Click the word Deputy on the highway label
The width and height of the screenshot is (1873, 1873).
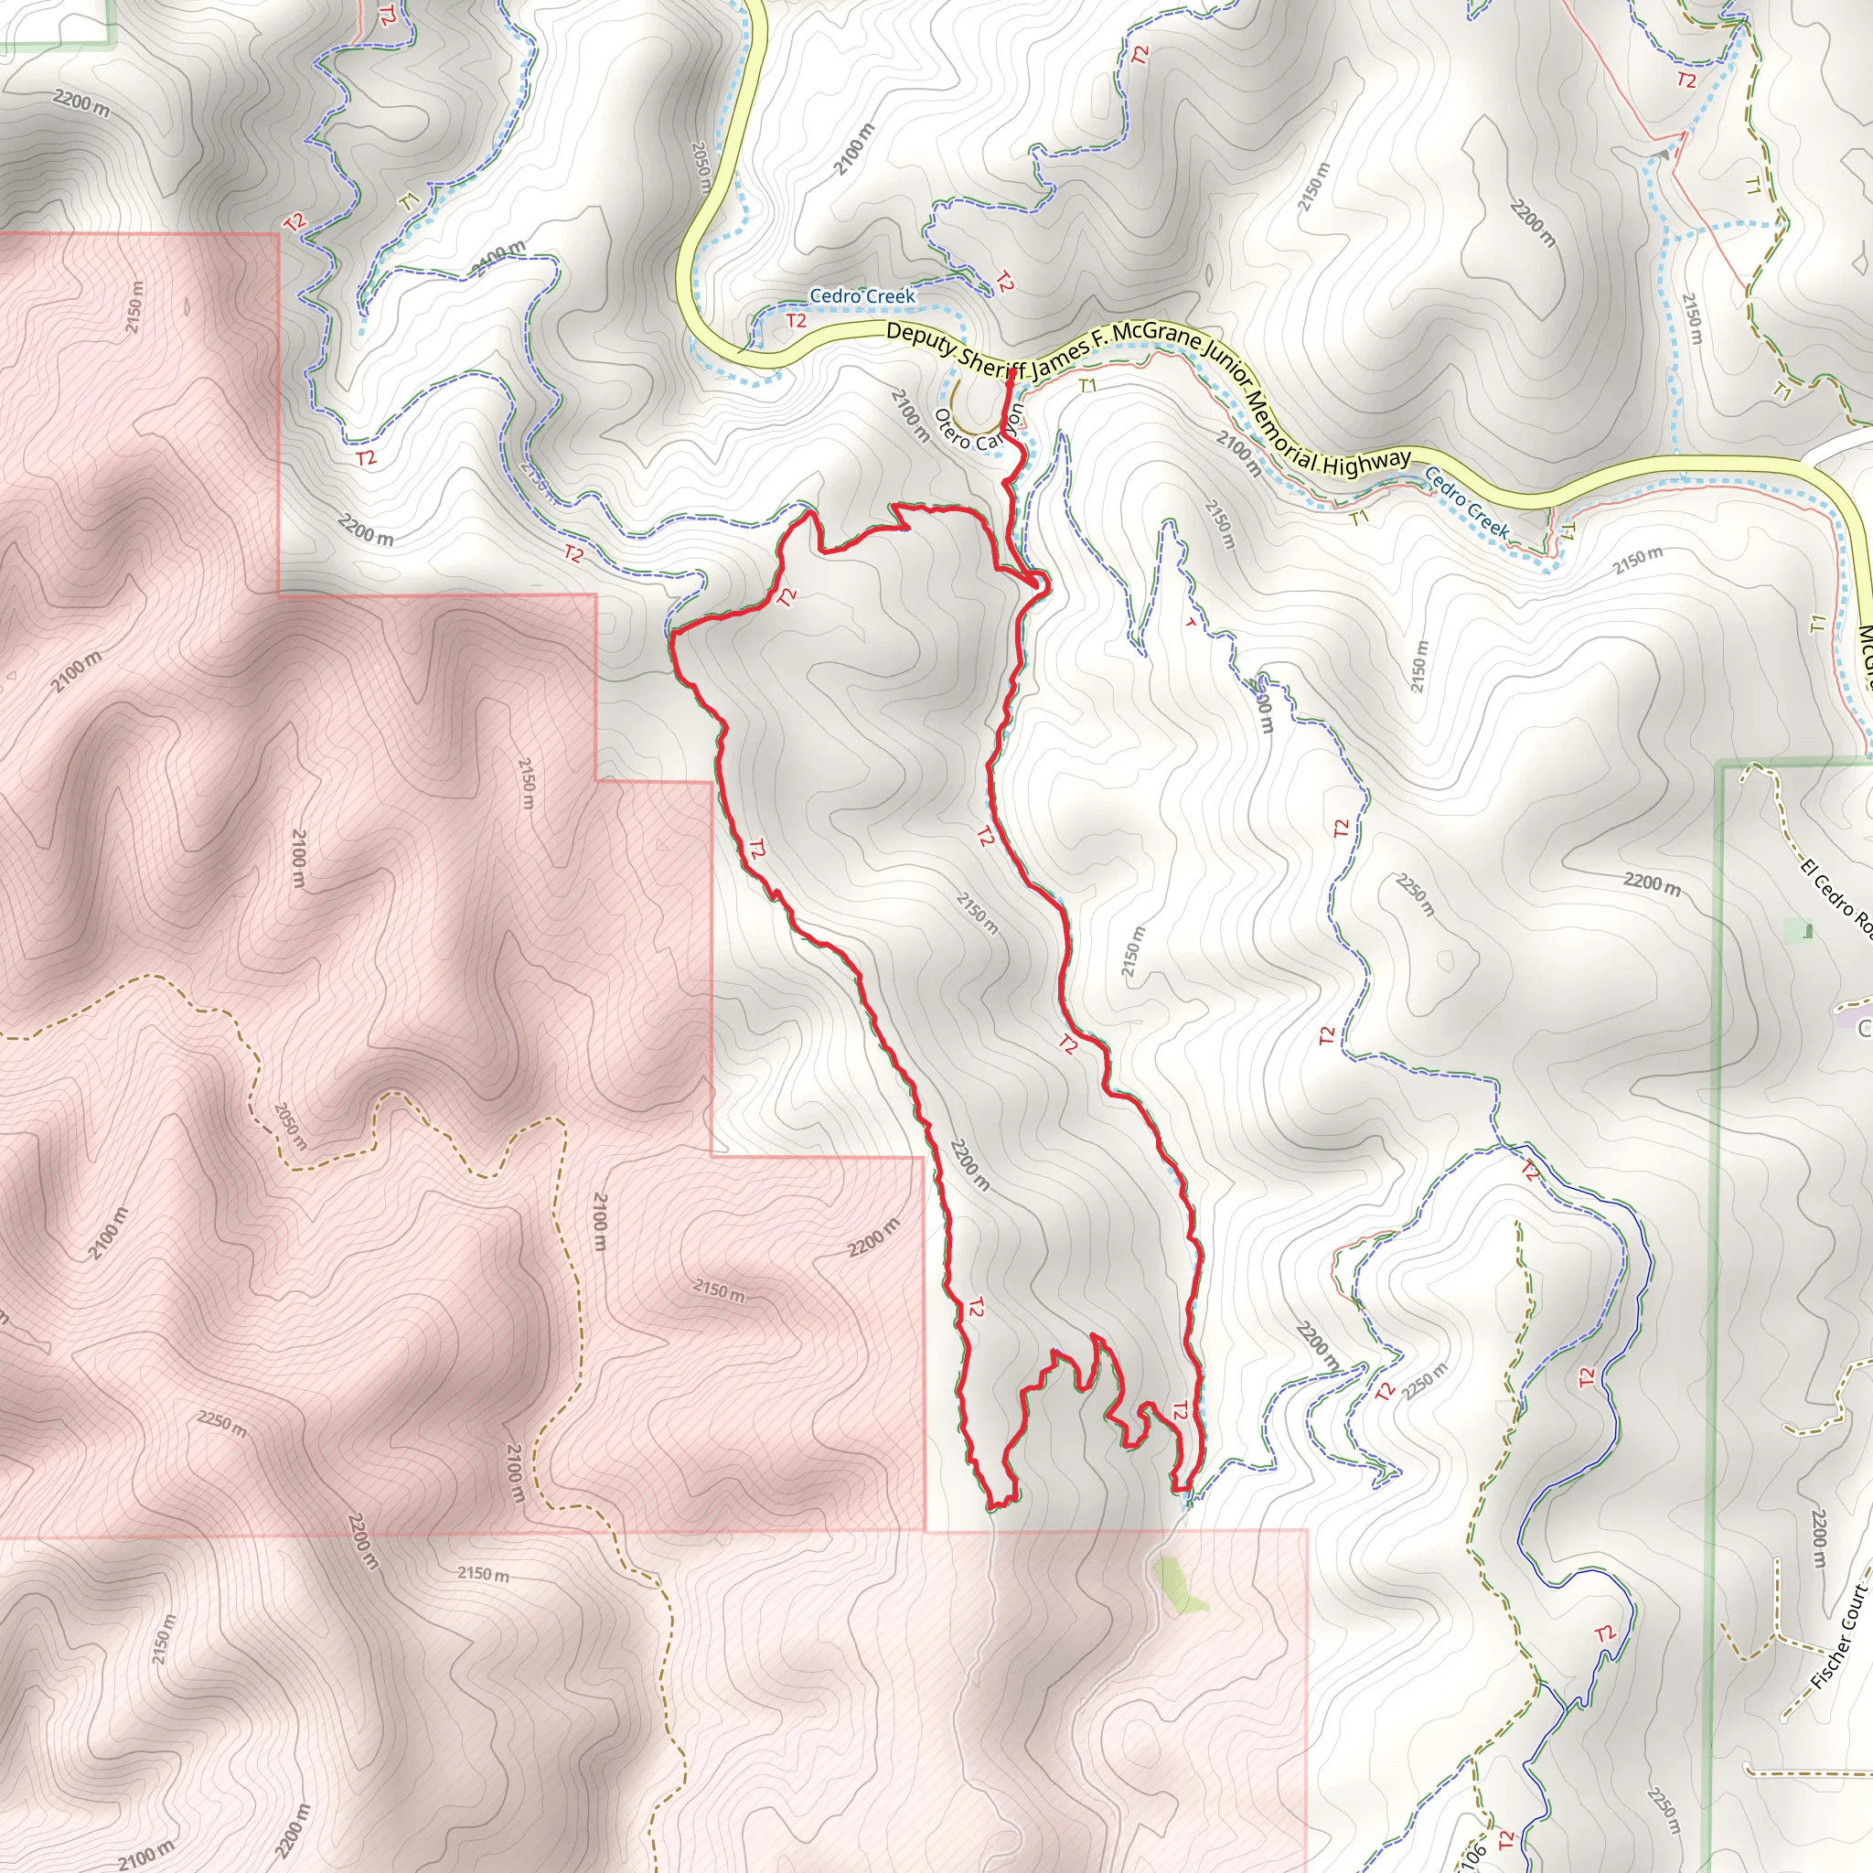919,337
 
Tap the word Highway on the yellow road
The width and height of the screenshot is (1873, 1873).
1367,463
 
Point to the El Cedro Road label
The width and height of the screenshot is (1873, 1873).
1836,897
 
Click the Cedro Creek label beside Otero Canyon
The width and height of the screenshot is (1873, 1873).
862,295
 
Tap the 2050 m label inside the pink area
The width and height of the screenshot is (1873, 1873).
290,1126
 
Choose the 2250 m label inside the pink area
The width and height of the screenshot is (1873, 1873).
222,1423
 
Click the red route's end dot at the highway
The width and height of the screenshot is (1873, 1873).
1011,371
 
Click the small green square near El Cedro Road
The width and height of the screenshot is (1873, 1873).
1807,932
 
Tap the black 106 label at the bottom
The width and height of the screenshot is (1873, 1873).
1470,1855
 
